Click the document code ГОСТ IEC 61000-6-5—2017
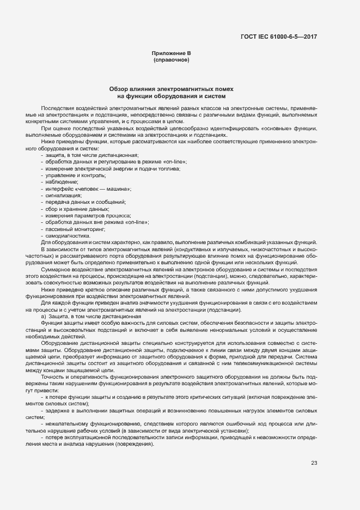click(278, 37)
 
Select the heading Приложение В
click(171, 52)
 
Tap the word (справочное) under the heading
click(171, 59)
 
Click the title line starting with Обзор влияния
click(172, 88)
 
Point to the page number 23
click(314, 463)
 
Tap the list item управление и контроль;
click(76, 175)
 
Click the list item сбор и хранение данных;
click(78, 209)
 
